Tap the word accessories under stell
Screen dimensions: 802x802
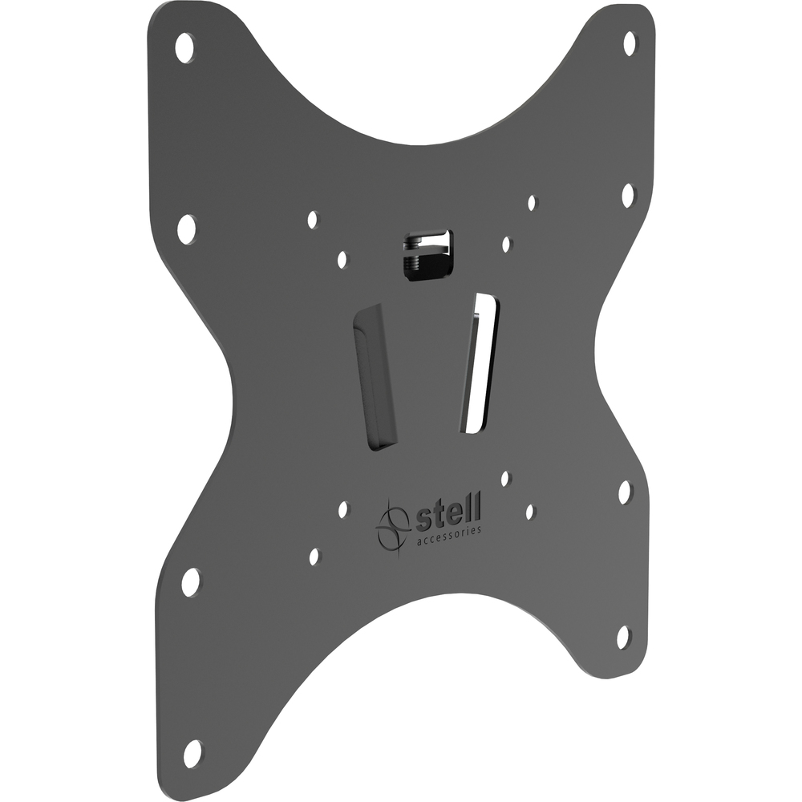pyautogui.click(x=449, y=537)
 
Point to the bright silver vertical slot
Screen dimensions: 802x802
pyautogui.click(x=480, y=363)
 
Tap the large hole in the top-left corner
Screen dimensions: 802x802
pyautogui.click(x=184, y=47)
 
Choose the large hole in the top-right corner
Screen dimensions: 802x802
pyautogui.click(x=630, y=44)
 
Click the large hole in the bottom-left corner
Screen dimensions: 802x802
pyautogui.click(x=192, y=755)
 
